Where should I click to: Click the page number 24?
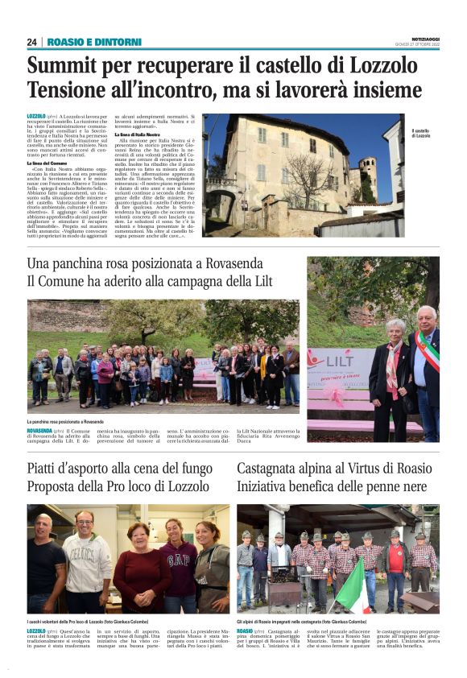pos(32,42)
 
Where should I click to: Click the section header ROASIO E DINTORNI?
pos(94,42)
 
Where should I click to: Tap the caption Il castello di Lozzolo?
pos(422,133)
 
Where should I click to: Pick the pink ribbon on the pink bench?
pos(336,400)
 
